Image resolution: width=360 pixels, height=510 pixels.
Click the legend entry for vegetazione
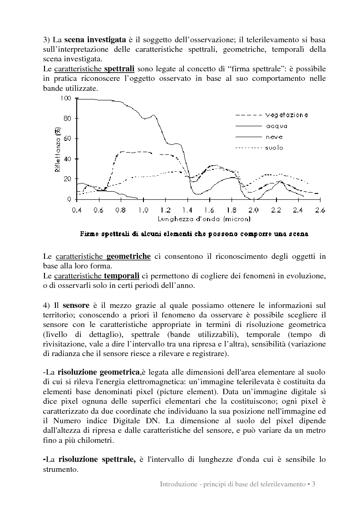coord(287,115)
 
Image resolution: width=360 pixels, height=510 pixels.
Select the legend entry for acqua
coord(277,126)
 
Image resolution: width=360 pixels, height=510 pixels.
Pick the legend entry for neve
coord(275,137)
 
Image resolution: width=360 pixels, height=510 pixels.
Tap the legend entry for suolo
coord(275,148)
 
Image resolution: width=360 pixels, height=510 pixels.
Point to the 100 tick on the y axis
coord(66,99)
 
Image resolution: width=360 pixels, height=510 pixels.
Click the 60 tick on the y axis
coord(68,139)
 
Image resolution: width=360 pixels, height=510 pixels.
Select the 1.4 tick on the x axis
coord(187,210)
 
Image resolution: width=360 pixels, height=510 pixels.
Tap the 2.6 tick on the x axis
coord(320,210)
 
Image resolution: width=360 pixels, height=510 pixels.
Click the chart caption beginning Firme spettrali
coord(194,234)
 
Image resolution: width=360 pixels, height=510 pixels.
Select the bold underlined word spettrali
coord(119,69)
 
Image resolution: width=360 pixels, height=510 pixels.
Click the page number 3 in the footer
coord(314,485)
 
